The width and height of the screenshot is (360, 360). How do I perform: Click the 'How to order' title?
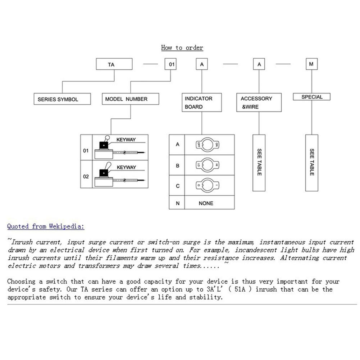click(182, 47)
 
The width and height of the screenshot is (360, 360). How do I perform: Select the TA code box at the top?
click(114, 64)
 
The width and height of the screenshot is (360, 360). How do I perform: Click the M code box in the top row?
click(311, 64)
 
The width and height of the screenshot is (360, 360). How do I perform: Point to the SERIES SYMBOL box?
click(62, 99)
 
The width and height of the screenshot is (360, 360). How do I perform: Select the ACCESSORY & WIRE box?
click(259, 102)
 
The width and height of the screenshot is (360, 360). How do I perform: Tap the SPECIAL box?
click(311, 97)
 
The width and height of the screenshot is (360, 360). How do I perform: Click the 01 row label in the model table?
click(86, 150)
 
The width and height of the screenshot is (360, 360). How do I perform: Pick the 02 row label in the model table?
click(86, 177)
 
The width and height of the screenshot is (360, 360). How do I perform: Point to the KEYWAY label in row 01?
click(126, 140)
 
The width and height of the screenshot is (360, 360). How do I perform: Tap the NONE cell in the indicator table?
click(206, 203)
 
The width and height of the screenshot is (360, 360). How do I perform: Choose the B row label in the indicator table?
click(177, 166)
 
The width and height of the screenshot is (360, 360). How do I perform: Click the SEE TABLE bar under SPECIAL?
click(311, 163)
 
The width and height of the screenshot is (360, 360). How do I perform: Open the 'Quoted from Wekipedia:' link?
click(46, 226)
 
